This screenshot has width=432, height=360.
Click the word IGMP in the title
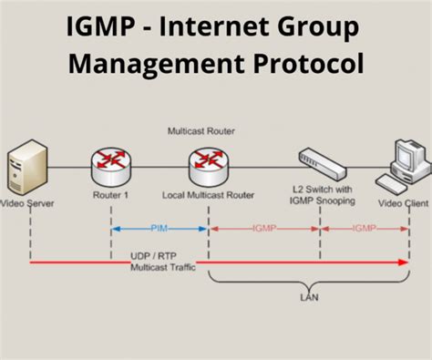click(x=101, y=27)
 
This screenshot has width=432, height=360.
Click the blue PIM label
click(x=159, y=229)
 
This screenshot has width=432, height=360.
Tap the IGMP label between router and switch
click(x=265, y=229)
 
